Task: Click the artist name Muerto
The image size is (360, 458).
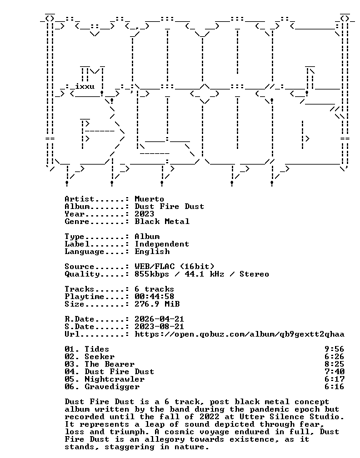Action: [x=149, y=199]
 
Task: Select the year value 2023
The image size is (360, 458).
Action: [x=144, y=214]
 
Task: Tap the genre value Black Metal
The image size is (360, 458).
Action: [x=162, y=221]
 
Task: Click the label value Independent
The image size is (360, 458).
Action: [x=162, y=244]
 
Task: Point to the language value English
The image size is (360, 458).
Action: [x=152, y=252]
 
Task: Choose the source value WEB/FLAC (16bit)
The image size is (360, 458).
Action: [x=174, y=267]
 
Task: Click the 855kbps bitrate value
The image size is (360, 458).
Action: [x=152, y=274]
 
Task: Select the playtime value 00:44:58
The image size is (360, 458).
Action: [x=154, y=297]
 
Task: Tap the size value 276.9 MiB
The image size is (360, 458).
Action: [x=157, y=304]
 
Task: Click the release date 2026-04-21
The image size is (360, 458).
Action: [x=159, y=319]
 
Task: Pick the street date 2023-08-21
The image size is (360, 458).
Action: [x=159, y=327]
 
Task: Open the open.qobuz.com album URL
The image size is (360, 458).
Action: [x=239, y=335]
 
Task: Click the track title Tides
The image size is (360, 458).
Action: [x=97, y=349]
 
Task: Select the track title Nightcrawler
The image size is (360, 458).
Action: [x=114, y=379]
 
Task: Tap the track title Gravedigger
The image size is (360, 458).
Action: [x=112, y=387]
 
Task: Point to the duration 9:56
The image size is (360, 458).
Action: [x=334, y=349]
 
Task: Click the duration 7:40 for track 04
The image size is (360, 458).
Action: [x=334, y=372]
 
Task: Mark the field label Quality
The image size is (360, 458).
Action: [x=82, y=274]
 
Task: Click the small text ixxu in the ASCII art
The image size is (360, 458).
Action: [x=85, y=86]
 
